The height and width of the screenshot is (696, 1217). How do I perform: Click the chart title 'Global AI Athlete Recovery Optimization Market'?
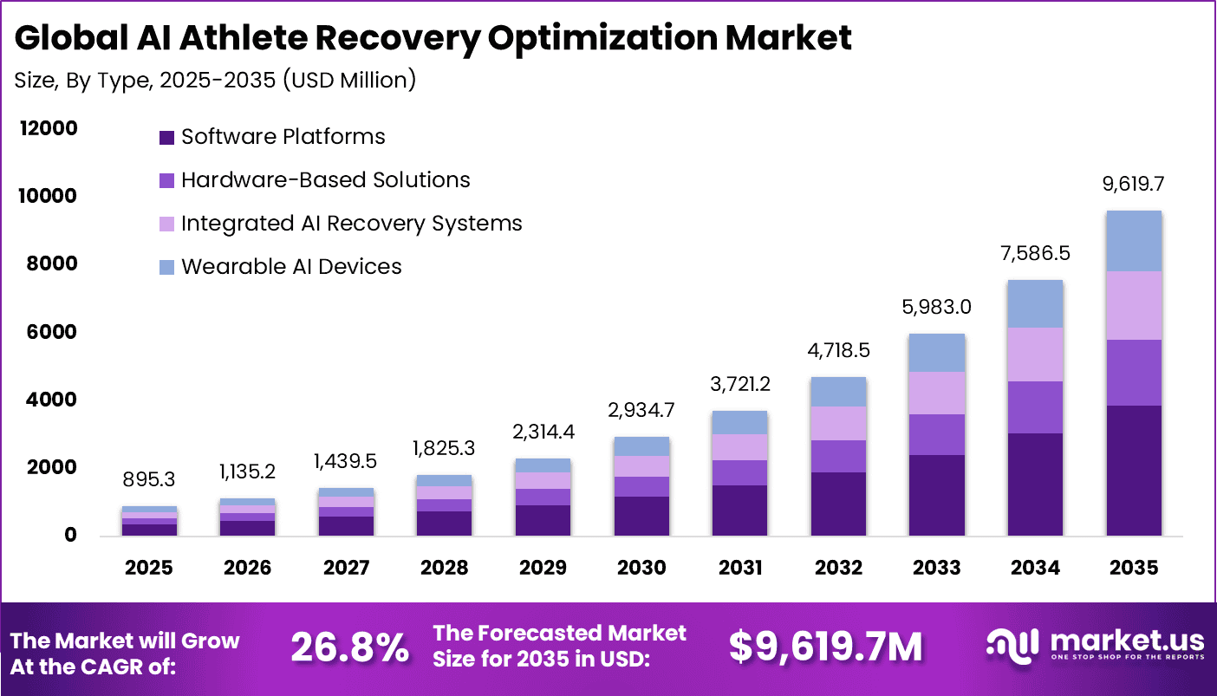click(433, 39)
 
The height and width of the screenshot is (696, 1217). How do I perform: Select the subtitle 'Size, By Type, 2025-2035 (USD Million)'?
click(216, 81)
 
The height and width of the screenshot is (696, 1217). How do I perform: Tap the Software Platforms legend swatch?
click(167, 137)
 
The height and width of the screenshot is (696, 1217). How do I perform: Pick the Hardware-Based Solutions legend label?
click(325, 180)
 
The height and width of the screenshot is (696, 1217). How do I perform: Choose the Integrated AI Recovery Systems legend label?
click(351, 224)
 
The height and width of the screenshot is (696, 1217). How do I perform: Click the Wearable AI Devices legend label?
click(291, 267)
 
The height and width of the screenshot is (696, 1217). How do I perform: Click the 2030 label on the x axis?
click(641, 568)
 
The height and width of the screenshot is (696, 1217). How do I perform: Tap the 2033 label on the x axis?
click(937, 568)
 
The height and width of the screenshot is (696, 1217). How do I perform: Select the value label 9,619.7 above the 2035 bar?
click(1134, 185)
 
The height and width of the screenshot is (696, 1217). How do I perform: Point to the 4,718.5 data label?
click(838, 351)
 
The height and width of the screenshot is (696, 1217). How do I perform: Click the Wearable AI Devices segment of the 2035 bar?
click(1134, 241)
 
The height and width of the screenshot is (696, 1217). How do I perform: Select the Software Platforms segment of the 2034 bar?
click(1035, 484)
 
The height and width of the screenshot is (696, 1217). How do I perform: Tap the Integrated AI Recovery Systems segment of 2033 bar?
click(937, 393)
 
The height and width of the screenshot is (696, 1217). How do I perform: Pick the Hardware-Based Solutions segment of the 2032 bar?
click(838, 456)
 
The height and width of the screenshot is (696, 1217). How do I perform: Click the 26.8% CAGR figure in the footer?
click(349, 647)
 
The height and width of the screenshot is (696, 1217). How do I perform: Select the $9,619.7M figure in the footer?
click(825, 647)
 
